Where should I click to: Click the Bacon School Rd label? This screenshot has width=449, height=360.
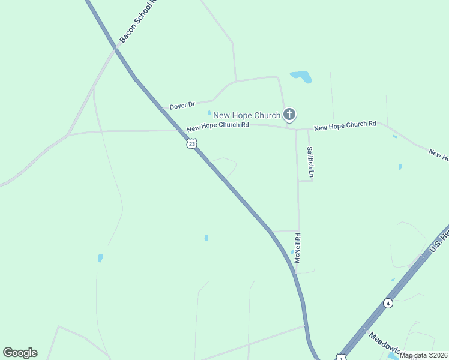(x=137, y=25)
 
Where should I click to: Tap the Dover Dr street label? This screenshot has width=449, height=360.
(x=182, y=106)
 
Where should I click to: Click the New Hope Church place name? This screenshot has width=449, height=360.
(x=247, y=115)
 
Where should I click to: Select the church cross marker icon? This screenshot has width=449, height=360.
(x=289, y=114)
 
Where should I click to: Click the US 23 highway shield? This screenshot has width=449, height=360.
(x=191, y=143)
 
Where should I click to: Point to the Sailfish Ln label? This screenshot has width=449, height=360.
(x=310, y=163)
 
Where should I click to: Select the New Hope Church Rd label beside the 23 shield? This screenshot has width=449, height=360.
(x=217, y=127)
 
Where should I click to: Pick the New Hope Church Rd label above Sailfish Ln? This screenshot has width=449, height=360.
(x=345, y=125)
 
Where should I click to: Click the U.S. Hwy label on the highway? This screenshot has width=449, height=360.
(x=439, y=240)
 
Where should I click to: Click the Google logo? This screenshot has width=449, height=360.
(x=20, y=353)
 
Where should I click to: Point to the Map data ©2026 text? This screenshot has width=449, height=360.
(x=424, y=355)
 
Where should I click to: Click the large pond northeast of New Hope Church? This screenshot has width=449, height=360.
(x=301, y=77)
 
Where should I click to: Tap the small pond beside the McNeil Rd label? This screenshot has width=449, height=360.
(x=292, y=252)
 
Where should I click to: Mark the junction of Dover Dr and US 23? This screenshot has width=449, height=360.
(x=162, y=109)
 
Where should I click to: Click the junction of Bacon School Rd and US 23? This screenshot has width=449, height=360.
(x=116, y=49)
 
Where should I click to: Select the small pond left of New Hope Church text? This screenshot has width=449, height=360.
(x=209, y=112)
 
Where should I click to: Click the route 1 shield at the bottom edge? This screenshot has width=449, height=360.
(x=340, y=358)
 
